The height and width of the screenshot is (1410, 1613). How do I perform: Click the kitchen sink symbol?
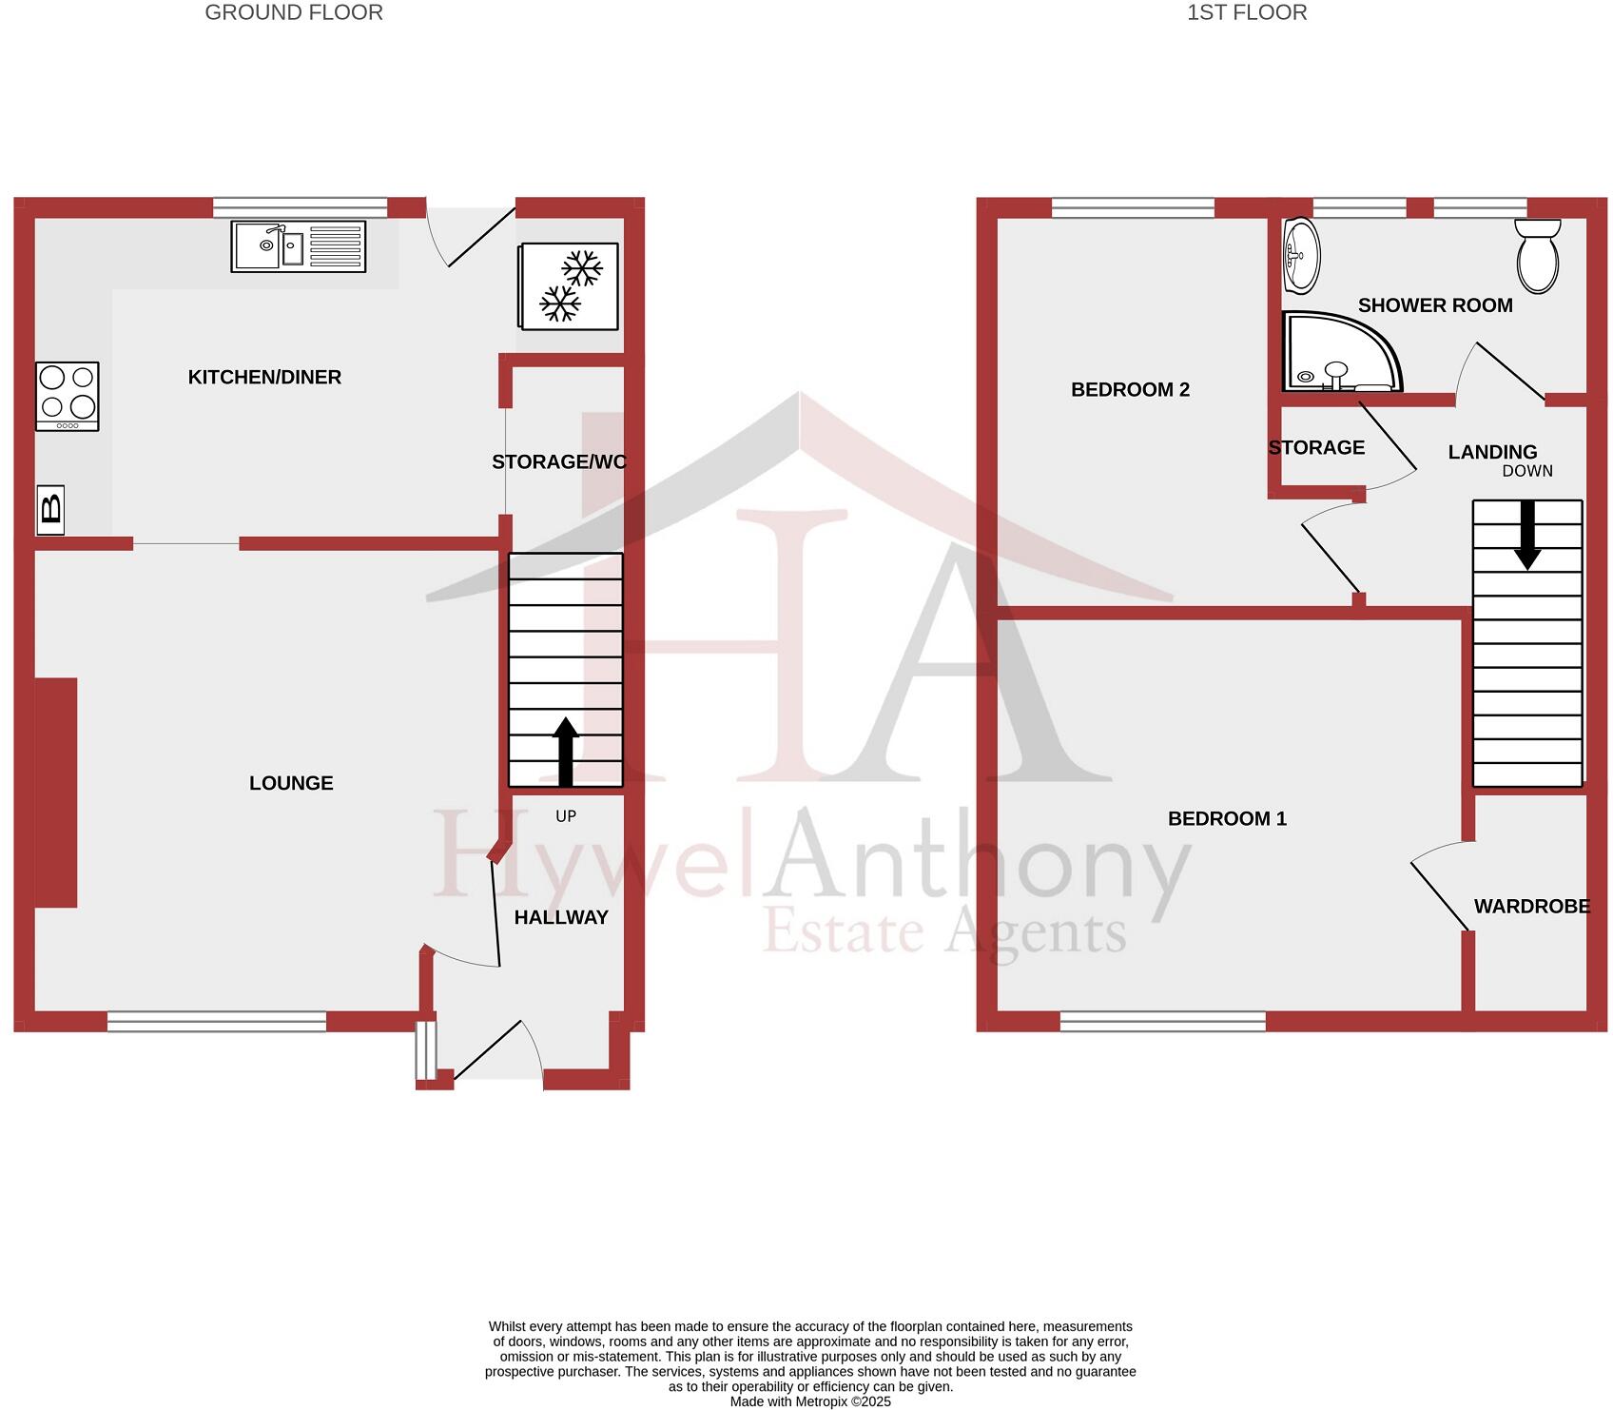[x=298, y=246]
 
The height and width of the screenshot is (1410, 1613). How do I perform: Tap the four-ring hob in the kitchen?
[x=68, y=396]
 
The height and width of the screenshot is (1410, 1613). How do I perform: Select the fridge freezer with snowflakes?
[x=569, y=286]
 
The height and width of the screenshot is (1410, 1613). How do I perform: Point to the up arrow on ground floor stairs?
[x=566, y=751]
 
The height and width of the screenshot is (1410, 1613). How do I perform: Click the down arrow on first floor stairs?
[x=1527, y=535]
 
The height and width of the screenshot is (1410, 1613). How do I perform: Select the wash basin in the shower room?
[x=1301, y=255]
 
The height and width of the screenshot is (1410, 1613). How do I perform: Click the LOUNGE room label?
[x=291, y=783]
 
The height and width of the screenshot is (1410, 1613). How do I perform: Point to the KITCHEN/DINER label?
[x=264, y=377]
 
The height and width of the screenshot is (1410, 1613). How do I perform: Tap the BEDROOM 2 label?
[x=1130, y=389]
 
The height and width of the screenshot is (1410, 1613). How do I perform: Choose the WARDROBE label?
[x=1531, y=907]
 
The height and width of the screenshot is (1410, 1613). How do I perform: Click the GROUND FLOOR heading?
[x=294, y=12]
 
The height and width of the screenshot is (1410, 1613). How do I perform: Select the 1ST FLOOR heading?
[x=1246, y=12]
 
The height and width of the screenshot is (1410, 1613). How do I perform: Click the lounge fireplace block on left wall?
[x=56, y=792]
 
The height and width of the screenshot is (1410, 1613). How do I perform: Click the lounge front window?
[x=217, y=1022]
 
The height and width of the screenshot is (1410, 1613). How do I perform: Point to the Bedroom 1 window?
[x=1162, y=1022]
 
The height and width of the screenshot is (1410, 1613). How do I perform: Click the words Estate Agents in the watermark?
[x=943, y=932]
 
